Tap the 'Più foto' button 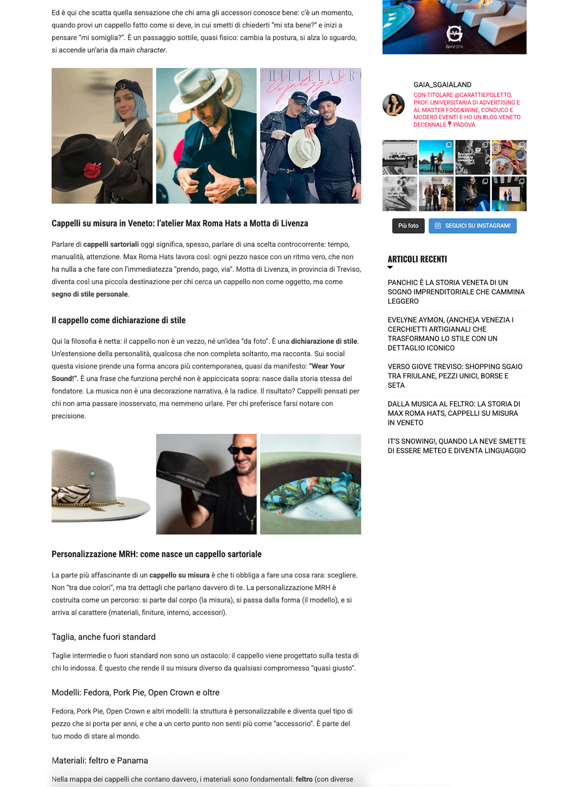[408, 226]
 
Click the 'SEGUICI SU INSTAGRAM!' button [473, 226]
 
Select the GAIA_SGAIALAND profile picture [394, 105]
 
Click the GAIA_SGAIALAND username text [442, 85]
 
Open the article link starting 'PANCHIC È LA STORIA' [456, 292]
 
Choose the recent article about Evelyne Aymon [450, 334]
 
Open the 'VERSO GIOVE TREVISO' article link [455, 376]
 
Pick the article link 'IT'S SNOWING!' [457, 446]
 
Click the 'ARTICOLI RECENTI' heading [417, 259]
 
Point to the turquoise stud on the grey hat [92, 475]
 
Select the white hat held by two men [304, 148]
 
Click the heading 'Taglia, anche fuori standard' [103, 637]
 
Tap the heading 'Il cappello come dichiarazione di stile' [118, 320]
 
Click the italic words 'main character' [143, 50]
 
